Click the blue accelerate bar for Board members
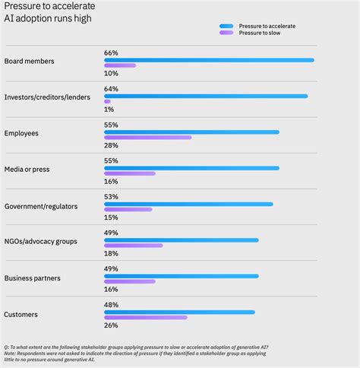209,60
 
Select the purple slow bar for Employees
147,138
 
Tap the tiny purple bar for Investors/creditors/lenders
107,101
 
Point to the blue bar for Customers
179,312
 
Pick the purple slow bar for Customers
145,317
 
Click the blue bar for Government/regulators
188,204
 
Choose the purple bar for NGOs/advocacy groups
133,246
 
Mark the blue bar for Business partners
181,276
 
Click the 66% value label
111,53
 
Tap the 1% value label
109,109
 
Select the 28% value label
111,145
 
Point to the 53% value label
111,197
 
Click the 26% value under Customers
111,325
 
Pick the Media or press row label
27,169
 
